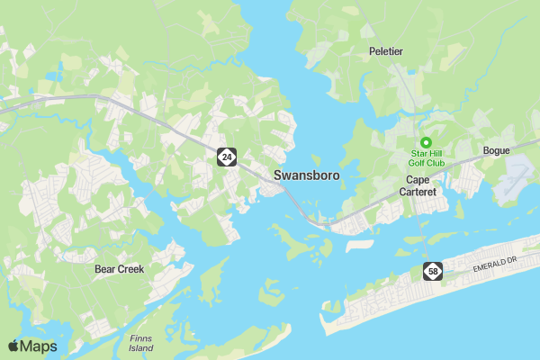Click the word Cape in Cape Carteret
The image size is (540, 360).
(x=418, y=180)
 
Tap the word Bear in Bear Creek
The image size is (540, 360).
(x=106, y=269)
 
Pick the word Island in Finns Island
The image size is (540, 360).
(x=141, y=347)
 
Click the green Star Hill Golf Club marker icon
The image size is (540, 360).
(x=427, y=141)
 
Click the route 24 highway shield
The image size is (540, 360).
(x=226, y=157)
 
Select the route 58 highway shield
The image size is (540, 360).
(x=435, y=271)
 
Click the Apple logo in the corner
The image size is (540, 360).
(x=13, y=346)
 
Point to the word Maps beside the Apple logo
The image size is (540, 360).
(x=39, y=346)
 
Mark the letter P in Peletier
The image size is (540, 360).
(x=373, y=52)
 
